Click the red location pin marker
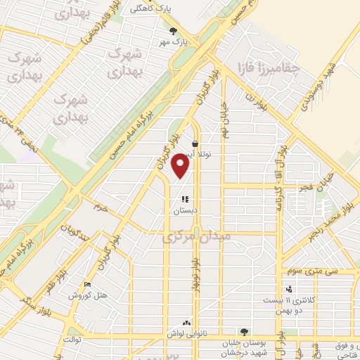coord(181,166)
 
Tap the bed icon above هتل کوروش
coord(87,285)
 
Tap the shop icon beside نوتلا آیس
coord(195,143)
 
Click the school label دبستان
coord(185,210)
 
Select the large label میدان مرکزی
coord(197,238)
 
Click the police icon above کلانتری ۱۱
coord(289,288)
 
